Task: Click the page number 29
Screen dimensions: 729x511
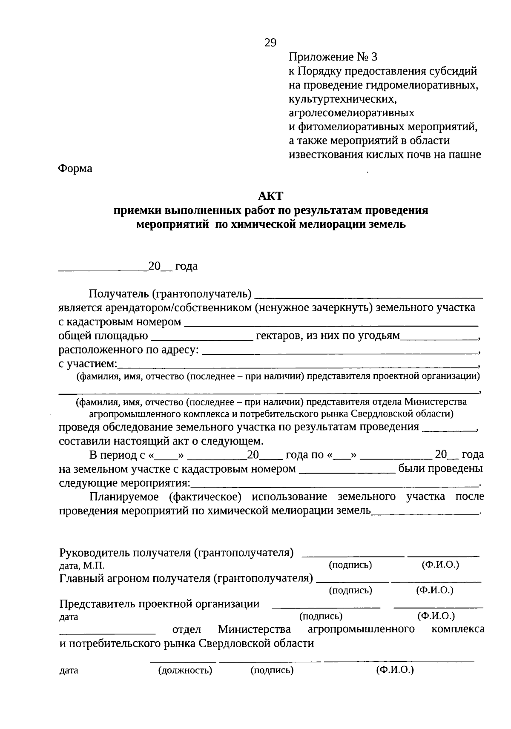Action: [270, 43]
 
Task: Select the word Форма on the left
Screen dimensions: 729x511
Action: [75, 169]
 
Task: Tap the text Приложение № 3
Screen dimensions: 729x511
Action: [333, 57]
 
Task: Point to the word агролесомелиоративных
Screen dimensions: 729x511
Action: [351, 113]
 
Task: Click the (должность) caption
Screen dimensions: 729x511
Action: [185, 671]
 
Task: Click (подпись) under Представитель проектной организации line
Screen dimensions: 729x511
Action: [321, 616]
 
